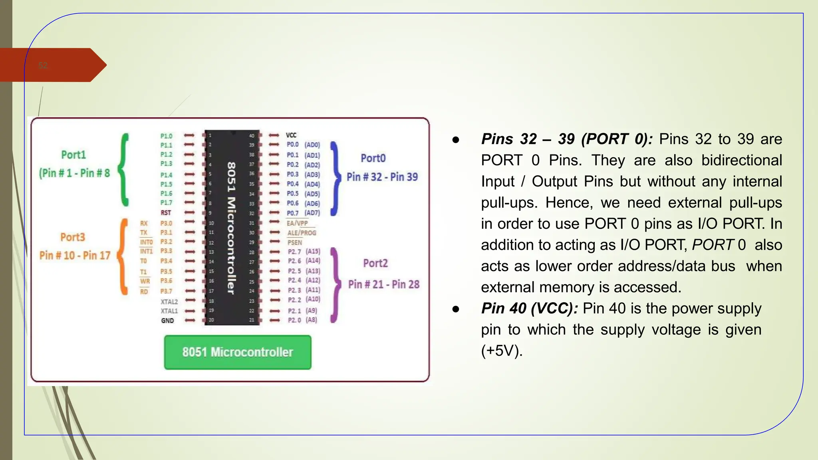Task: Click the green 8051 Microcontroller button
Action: [238, 352]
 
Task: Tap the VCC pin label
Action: [291, 135]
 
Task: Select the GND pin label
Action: [167, 321]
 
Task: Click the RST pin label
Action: [166, 213]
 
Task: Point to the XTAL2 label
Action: [169, 302]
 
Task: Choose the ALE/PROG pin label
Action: [302, 233]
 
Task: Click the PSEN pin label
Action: [295, 242]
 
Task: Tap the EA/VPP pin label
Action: [297, 223]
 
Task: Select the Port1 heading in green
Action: [73, 155]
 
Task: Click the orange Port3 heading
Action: [73, 237]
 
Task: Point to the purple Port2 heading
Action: [375, 263]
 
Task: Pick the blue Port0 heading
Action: [373, 158]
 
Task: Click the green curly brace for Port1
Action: [125, 170]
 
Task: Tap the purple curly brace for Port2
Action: [336, 285]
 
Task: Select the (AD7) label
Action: [312, 213]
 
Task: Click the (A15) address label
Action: [313, 251]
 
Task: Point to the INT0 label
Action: [146, 242]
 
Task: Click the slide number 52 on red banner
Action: [43, 65]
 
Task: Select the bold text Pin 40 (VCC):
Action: [529, 308]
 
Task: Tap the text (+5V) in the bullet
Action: [502, 351]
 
